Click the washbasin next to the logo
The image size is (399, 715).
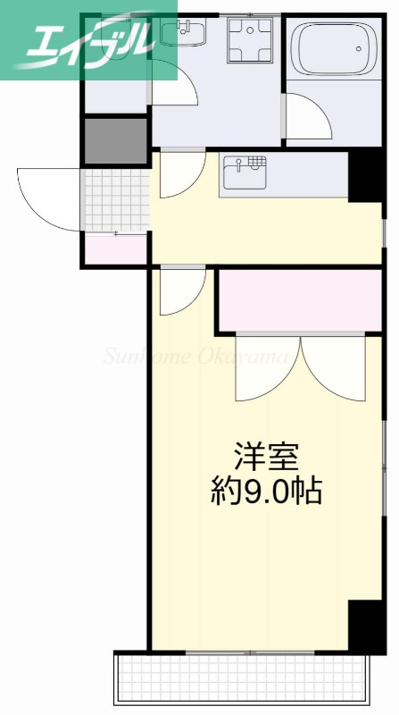[184, 34]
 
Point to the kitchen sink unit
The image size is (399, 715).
[245, 171]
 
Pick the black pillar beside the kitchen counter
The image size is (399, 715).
[364, 175]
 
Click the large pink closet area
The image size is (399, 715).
[300, 299]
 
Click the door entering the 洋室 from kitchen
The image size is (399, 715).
[181, 290]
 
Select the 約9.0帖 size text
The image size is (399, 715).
[266, 491]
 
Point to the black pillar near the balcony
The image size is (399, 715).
[366, 626]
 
